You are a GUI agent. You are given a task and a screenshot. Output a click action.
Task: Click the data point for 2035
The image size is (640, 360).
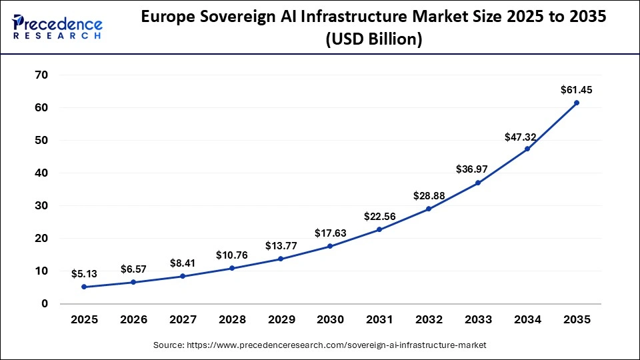click(x=577, y=103)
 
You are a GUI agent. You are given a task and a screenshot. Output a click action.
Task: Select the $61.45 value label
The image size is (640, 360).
click(x=577, y=89)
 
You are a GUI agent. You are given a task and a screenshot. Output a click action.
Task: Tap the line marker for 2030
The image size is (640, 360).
click(x=330, y=246)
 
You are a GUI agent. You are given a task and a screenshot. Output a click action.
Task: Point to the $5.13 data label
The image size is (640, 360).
click(x=84, y=273)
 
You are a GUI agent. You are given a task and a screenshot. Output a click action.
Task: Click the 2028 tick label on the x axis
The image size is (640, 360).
click(x=231, y=320)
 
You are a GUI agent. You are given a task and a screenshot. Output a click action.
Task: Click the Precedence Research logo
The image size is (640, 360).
click(x=57, y=27)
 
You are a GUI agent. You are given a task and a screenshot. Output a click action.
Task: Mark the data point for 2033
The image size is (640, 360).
click(x=478, y=183)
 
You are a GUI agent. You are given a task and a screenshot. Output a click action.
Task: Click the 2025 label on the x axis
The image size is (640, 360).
click(x=84, y=320)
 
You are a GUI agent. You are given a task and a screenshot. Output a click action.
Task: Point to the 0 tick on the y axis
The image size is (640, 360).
click(x=44, y=303)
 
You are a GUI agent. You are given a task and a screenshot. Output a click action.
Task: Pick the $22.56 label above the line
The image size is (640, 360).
click(x=379, y=216)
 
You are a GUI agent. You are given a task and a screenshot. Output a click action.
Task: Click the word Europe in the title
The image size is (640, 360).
click(x=167, y=18)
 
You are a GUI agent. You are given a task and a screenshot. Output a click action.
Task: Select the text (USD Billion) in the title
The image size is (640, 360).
click(x=374, y=39)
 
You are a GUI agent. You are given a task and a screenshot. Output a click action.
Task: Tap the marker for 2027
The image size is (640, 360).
click(x=183, y=276)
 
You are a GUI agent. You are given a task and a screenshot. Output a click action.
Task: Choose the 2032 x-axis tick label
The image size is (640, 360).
click(x=429, y=320)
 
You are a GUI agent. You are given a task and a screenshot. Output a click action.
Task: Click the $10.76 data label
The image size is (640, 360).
click(x=231, y=255)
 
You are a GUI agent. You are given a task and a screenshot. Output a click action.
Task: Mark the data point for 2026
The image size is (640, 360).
click(x=133, y=282)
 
